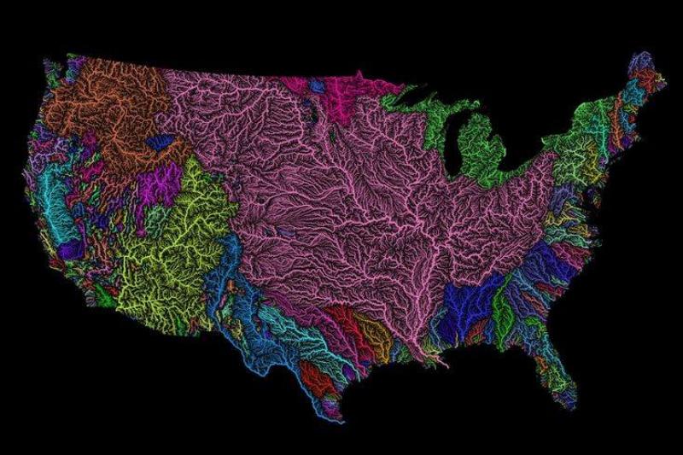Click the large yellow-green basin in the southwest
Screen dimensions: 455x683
pos(175,248)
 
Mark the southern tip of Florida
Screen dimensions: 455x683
pos(567,401)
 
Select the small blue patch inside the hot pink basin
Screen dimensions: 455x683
pos(318,85)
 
